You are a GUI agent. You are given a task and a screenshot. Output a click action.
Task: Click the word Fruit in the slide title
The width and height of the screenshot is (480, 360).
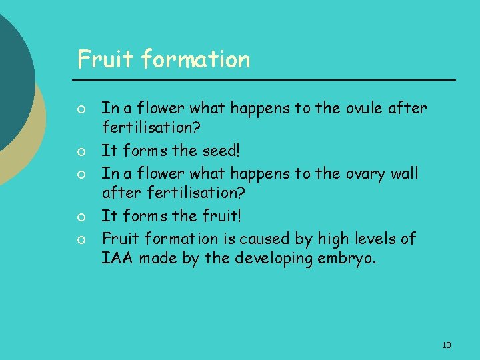(97, 59)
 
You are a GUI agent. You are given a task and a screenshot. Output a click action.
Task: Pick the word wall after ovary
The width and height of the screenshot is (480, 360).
(404, 173)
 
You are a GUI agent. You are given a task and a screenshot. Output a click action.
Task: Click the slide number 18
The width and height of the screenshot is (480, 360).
(446, 345)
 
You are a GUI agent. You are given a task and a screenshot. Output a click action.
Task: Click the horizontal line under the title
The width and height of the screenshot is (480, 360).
(267, 80)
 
